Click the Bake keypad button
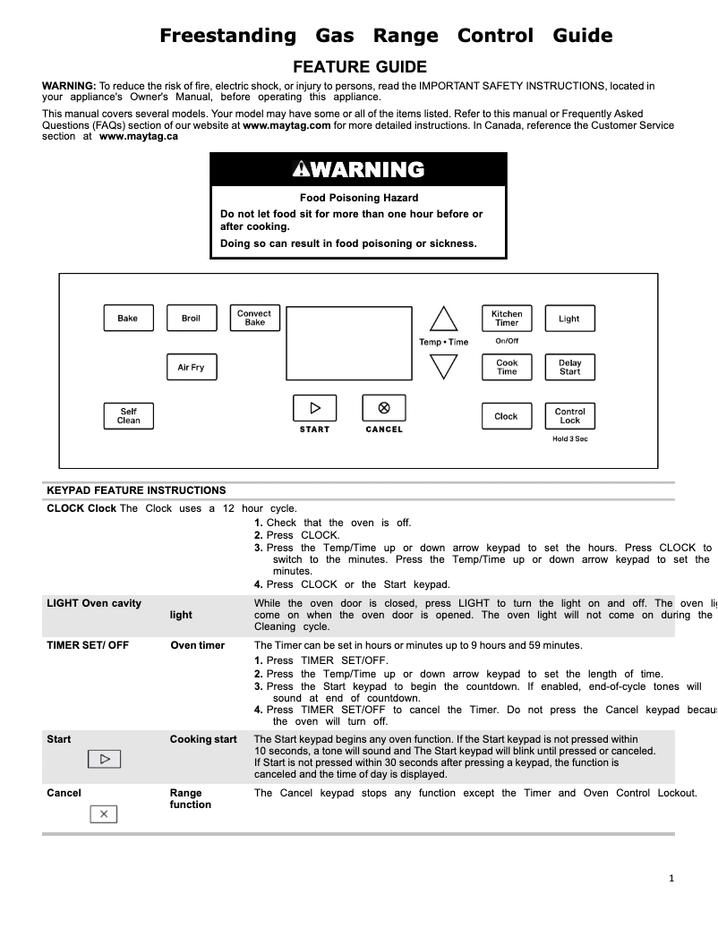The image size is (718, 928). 128,319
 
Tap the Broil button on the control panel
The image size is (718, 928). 192,319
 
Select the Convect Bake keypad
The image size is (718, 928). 254,318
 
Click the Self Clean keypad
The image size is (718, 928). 129,416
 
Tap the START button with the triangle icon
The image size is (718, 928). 314,408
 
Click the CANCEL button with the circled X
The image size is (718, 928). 384,408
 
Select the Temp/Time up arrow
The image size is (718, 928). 443,320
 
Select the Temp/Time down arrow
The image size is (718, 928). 443,366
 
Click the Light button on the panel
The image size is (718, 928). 569,319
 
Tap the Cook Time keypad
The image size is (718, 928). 507,367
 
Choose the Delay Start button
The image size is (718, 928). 569,367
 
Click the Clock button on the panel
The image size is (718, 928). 507,416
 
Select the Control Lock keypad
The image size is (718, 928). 569,416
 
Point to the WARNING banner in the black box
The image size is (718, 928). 358,170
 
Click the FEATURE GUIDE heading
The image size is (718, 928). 360,67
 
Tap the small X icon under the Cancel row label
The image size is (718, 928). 104,813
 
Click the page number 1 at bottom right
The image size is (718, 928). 671,878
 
